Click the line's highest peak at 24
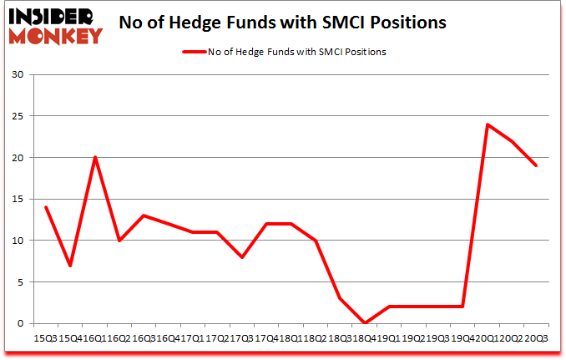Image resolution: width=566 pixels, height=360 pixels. pos(487,124)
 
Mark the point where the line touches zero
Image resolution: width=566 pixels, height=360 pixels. pos(364,322)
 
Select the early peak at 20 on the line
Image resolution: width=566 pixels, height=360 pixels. pos(95,157)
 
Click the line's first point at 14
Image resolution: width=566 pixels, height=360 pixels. pos(46,207)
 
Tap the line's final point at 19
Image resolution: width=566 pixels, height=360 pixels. pos(536,165)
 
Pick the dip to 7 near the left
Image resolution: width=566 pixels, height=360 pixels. pos(70,266)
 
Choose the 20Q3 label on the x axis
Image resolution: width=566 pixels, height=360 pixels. pos(538,338)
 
